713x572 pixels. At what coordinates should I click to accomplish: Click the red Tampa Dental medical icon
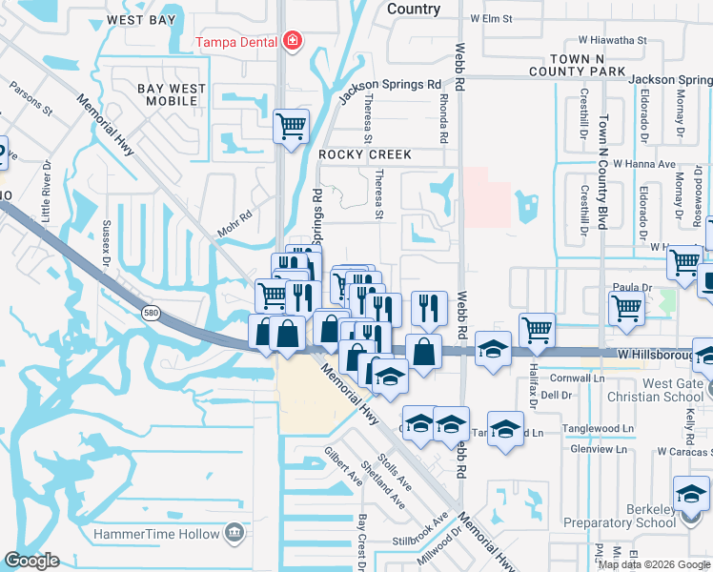[x=291, y=42]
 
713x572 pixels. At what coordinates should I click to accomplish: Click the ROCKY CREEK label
[x=365, y=154]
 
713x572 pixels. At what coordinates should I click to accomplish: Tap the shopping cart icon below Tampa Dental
[x=291, y=126]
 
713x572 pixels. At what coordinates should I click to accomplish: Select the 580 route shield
[x=151, y=311]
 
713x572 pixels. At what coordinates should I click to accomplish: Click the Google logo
[x=31, y=561]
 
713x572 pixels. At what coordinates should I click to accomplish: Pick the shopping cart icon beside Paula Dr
[x=626, y=307]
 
